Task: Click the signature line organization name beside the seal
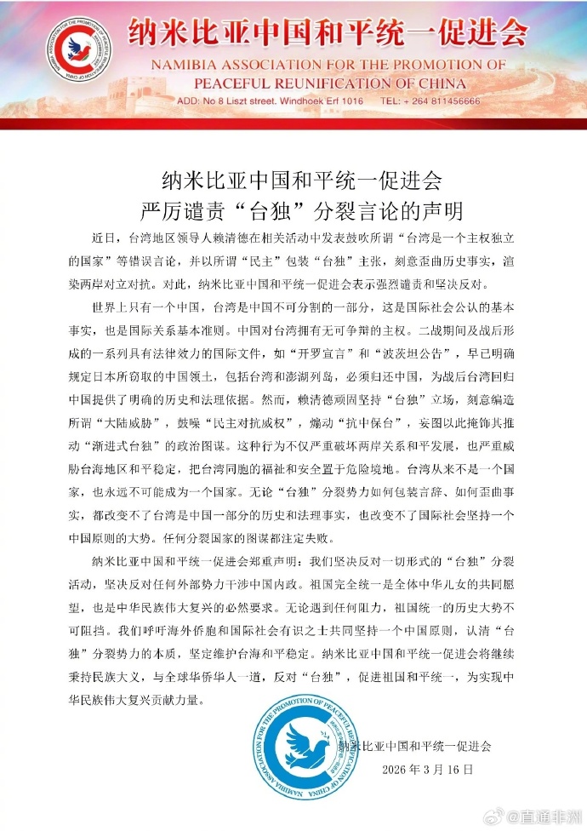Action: (x=414, y=746)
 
